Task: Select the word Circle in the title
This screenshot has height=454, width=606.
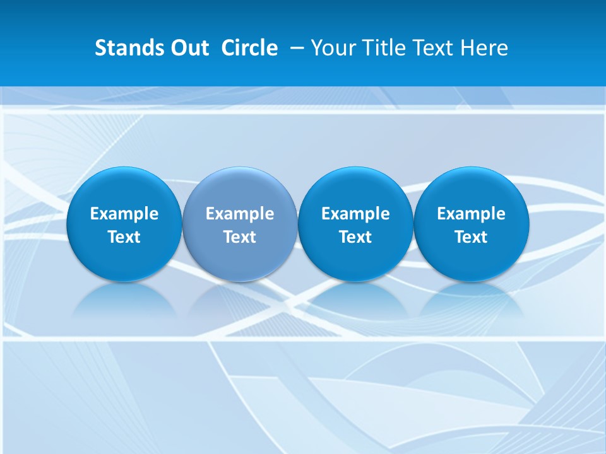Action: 249,48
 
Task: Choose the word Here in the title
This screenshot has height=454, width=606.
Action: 484,48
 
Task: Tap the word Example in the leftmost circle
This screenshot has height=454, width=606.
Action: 124,214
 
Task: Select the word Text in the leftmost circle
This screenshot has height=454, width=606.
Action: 124,237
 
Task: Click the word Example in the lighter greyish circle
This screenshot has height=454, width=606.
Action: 240,214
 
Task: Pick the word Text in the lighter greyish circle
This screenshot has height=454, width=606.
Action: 240,237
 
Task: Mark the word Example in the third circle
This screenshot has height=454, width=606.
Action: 355,214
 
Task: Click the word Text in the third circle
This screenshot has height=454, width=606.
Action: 355,237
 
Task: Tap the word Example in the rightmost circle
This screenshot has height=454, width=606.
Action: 471,214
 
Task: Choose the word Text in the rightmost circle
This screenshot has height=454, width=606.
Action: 471,237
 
